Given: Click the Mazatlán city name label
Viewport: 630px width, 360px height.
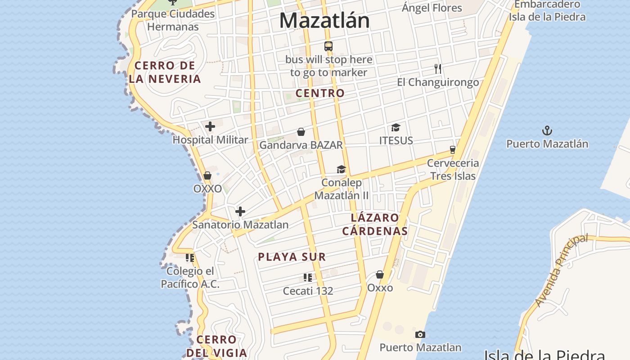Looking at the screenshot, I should point(324,21).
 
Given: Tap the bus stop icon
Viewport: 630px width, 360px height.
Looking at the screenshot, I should point(328,46).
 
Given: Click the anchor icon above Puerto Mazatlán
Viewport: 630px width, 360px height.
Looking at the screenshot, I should point(547,131).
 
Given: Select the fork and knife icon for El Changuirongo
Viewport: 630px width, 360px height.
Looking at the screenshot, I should point(438,69).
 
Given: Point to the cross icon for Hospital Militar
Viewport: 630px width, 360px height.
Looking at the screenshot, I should point(210,126).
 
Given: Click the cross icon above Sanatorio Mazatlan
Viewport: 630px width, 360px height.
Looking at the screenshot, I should point(240,211).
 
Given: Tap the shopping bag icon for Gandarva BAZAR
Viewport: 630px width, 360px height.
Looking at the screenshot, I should point(301,132).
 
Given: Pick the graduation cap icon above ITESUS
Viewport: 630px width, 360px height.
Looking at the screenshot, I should point(396,127).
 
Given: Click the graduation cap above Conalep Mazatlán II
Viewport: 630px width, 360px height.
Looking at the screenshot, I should point(341,169).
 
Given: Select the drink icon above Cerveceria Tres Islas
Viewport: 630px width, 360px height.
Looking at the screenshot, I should point(453,150).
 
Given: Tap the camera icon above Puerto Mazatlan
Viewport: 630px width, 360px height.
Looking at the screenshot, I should point(420,334).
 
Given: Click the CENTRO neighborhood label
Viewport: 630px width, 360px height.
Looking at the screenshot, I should point(320,93).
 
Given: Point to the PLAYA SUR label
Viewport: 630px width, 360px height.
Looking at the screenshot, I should point(292,257).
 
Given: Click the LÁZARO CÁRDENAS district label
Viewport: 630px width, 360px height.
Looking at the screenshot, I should point(375,225).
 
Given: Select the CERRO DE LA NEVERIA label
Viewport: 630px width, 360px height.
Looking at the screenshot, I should point(165,72).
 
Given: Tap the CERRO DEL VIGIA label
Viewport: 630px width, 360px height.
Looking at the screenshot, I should point(217,346).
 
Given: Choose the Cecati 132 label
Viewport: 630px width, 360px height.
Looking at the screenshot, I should point(308,291).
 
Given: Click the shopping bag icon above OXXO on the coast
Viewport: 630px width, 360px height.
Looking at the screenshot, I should point(207,175).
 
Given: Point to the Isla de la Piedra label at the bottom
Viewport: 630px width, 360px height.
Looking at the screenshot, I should point(544,355).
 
